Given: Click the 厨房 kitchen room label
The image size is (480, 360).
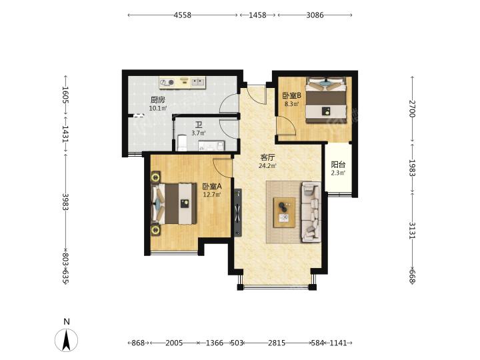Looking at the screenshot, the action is point(158,100).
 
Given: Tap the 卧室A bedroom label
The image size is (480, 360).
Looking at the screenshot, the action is point(212,187).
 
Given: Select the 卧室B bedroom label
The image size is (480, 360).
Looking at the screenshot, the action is point(292,95).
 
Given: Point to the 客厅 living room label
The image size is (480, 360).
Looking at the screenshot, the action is point(267,157).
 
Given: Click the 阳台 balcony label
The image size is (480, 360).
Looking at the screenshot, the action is point(338,165).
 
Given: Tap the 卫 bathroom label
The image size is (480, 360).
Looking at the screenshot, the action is point(199,125).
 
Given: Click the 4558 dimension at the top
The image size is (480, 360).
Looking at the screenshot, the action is point(183,15).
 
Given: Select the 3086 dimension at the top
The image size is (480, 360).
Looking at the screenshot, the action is point(315,15).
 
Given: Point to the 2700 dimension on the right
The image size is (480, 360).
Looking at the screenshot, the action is point(412,109).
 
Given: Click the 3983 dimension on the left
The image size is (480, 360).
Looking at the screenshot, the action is point(65,202).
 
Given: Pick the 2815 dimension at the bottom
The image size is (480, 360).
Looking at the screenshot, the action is point(277,343).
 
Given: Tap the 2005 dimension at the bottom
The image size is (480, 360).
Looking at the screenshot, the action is point(174,343).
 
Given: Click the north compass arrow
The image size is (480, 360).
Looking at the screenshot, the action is point(67,341).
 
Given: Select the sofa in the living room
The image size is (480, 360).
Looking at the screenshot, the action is point(311,212).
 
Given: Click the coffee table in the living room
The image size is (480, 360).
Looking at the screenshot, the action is point(285,213).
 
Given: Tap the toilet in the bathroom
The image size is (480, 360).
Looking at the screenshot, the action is point(182,143).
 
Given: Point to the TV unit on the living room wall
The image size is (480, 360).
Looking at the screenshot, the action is point(238,213).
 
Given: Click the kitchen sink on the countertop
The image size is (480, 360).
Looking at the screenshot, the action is point(199,82).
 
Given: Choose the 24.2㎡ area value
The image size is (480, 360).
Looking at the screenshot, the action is point(267,166).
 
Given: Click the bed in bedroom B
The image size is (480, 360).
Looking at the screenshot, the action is point(327,100).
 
